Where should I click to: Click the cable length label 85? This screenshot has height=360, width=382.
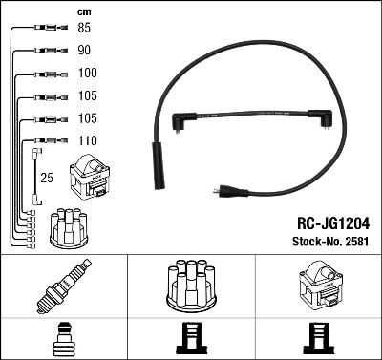pyautogui.click(x=84, y=28)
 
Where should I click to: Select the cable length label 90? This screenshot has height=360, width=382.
pyautogui.click(x=84, y=50)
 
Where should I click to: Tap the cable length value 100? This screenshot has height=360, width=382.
pyautogui.click(x=88, y=73)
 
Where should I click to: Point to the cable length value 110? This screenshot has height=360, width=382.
pyautogui.click(x=88, y=140)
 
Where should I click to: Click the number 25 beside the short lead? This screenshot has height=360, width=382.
pyautogui.click(x=47, y=178)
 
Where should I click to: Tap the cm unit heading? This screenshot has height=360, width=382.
pyautogui.click(x=84, y=12)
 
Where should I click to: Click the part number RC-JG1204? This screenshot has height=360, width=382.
pyautogui.click(x=333, y=223)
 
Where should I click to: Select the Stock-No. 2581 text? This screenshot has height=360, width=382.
pyautogui.click(x=330, y=242)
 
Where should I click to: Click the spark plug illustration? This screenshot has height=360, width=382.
pyautogui.click(x=64, y=286)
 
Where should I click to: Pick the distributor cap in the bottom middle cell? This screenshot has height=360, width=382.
pyautogui.click(x=191, y=286)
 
